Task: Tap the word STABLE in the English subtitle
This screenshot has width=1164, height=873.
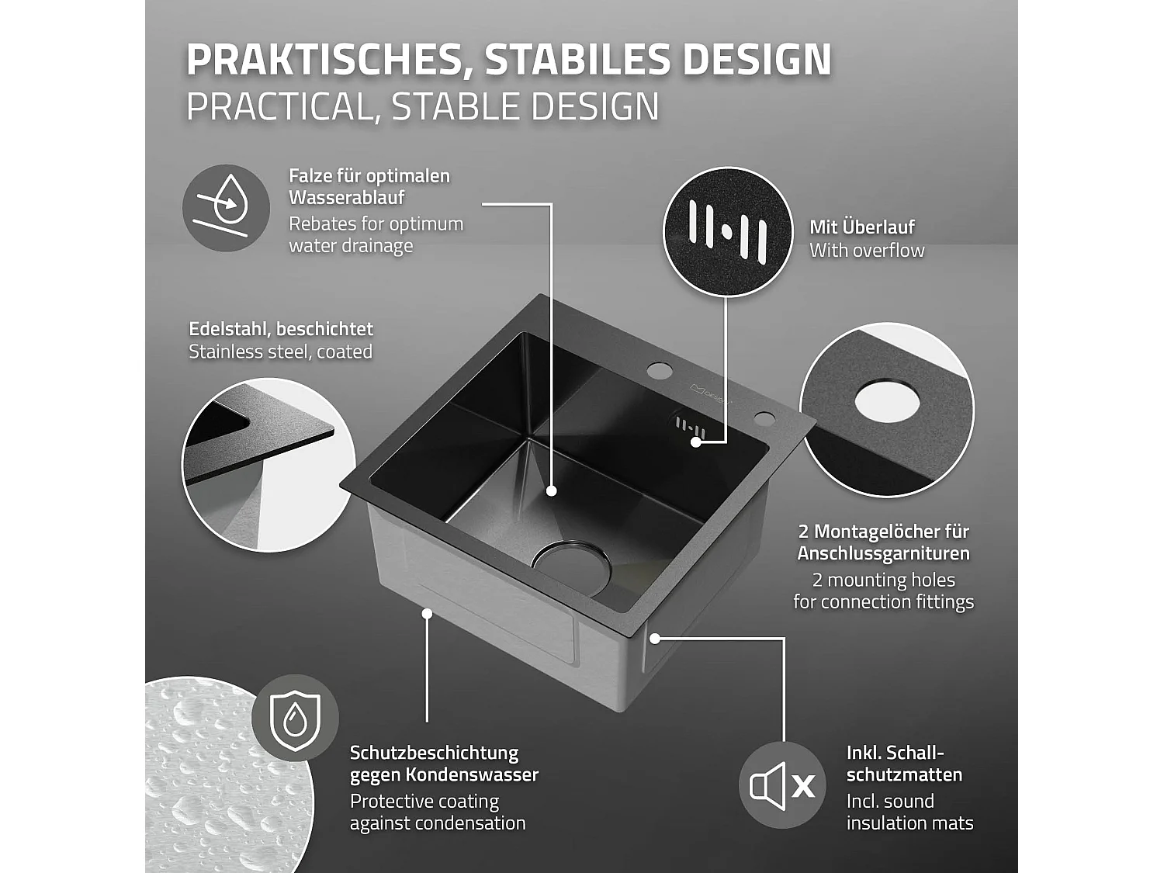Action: [x=458, y=107]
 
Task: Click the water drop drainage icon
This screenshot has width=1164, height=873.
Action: [x=226, y=207]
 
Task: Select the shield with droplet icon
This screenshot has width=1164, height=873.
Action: [x=295, y=718]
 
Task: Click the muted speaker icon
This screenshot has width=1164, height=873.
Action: [x=781, y=785]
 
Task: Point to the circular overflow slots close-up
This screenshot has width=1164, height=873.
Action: [x=727, y=230]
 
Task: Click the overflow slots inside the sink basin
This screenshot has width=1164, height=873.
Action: [x=688, y=426]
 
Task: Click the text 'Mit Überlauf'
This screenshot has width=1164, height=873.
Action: [x=861, y=227]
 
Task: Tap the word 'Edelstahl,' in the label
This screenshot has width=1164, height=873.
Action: [x=230, y=329]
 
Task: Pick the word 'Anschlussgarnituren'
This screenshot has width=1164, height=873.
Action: [x=883, y=553]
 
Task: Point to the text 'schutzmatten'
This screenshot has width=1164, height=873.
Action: [x=904, y=774]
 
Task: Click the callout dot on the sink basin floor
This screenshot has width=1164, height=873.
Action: [x=551, y=490]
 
